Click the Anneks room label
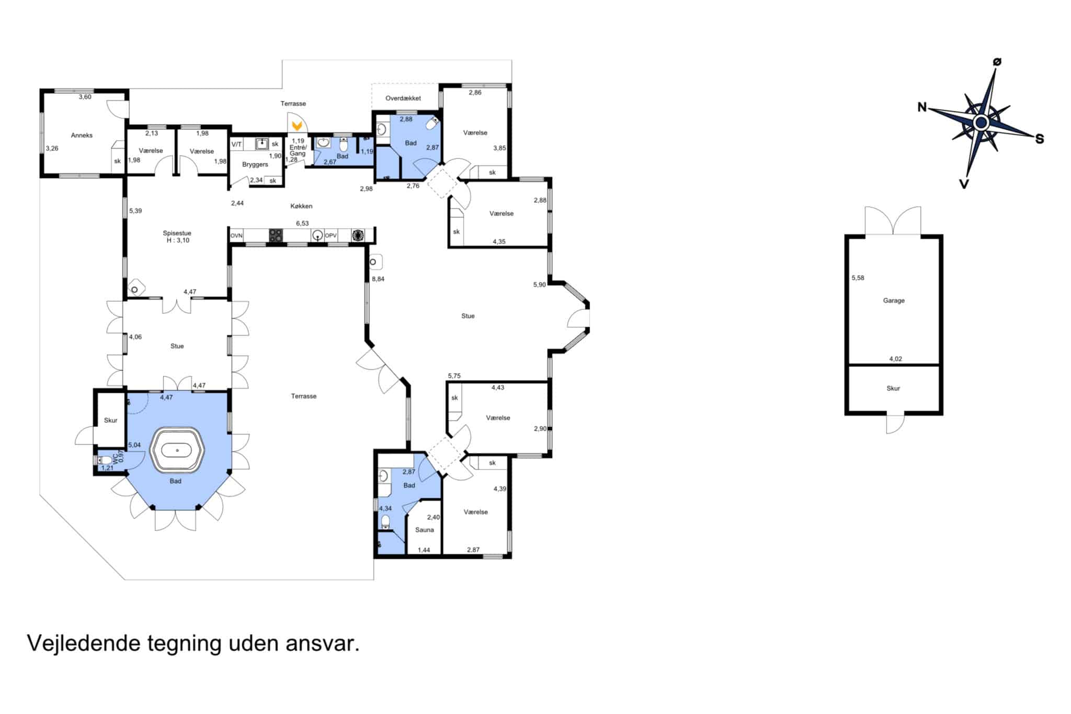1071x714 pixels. click(x=82, y=135)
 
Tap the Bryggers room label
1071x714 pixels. click(x=255, y=164)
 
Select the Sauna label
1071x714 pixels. click(x=425, y=530)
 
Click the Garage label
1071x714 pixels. click(x=894, y=301)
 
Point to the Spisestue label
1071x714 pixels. click(x=177, y=233)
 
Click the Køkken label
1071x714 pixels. click(x=302, y=206)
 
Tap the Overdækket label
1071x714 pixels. click(x=403, y=98)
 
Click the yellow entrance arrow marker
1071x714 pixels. click(x=297, y=126)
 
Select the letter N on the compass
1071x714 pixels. click(x=922, y=107)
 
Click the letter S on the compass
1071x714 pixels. click(x=1040, y=139)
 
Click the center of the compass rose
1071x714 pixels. click(x=981, y=123)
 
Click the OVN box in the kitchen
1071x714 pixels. click(x=237, y=236)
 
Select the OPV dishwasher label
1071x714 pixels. click(x=331, y=236)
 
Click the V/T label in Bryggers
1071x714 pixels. click(x=237, y=144)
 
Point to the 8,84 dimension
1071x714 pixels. click(x=378, y=279)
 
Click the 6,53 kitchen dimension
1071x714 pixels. click(x=302, y=223)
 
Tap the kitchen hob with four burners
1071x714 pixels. click(x=276, y=236)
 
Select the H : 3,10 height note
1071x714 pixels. click(x=178, y=241)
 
